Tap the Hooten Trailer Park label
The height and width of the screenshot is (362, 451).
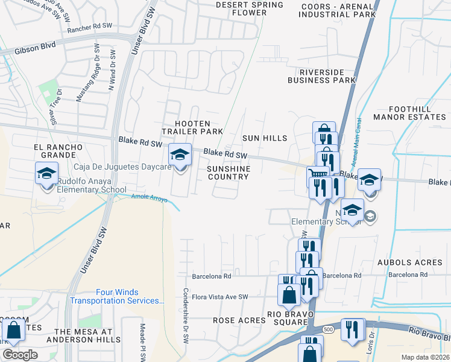(x=192, y=127)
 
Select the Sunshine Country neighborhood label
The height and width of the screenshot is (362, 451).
(x=228, y=173)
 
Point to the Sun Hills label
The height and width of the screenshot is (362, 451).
(x=265, y=138)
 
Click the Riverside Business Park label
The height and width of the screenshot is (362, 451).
(x=321, y=75)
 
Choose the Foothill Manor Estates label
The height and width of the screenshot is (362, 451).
(x=409, y=113)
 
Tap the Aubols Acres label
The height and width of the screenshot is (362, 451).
(x=409, y=262)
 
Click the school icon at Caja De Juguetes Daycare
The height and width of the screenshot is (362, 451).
(x=179, y=156)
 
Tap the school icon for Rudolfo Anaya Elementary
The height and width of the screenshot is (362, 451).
(x=46, y=174)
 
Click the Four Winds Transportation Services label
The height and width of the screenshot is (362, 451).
(x=117, y=296)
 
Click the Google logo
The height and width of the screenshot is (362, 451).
(x=20, y=355)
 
